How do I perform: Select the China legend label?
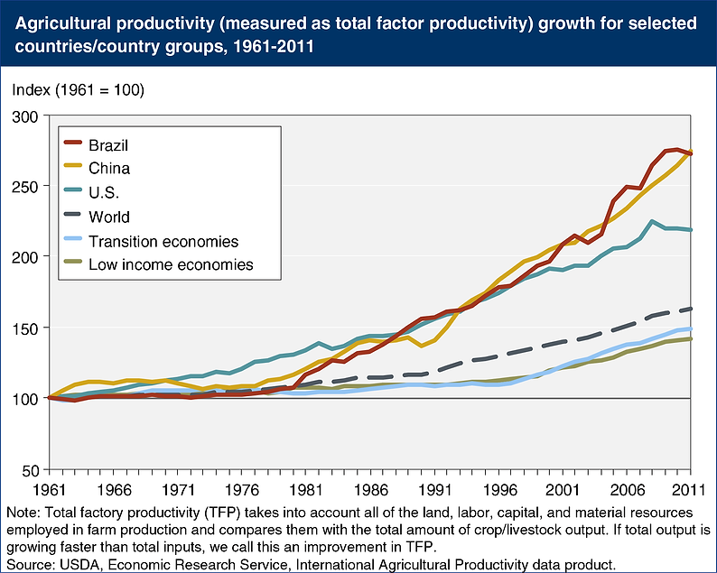108,168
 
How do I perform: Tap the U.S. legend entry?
105,192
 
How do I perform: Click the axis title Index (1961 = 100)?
78,90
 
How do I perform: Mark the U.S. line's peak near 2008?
651,221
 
